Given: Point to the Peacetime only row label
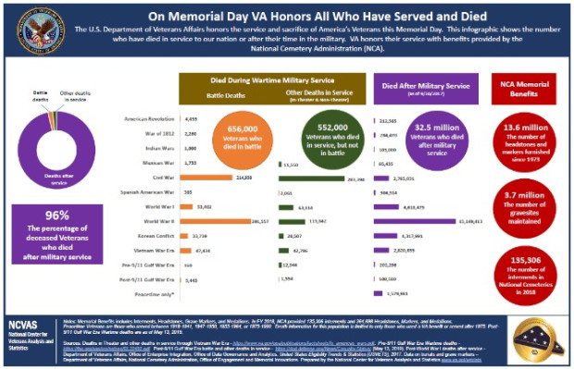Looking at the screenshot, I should click(x=158, y=294).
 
